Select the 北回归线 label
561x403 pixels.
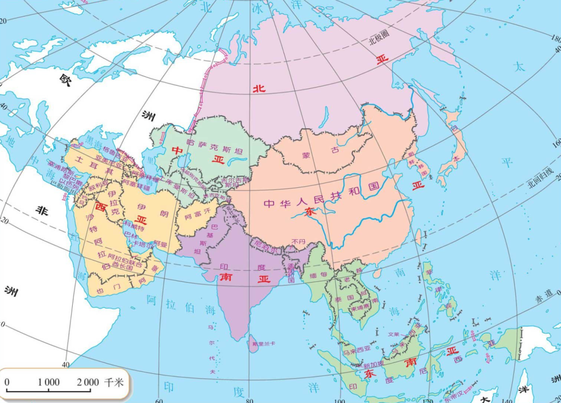pyautogui.click(x=540, y=176)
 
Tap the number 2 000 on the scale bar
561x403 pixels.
pyautogui.click(x=88, y=383)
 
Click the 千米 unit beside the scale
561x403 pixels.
pyautogui.click(x=114, y=383)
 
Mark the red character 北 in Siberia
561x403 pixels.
pyautogui.click(x=259, y=89)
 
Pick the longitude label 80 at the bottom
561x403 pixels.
pyautogui.click(x=249, y=400)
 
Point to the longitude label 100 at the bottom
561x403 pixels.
pyautogui.click(x=339, y=400)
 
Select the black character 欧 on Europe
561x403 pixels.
pyautogui.click(x=65, y=79)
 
